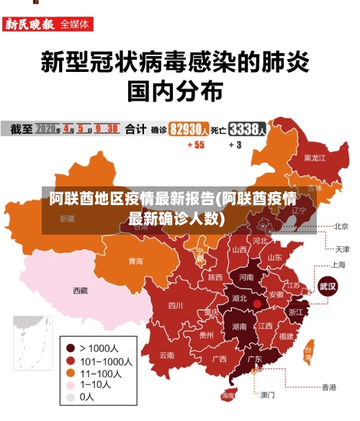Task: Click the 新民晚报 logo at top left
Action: [x=30, y=24]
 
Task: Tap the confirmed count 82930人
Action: [x=189, y=130]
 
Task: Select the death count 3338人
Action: [x=248, y=130]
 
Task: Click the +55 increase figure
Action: [x=196, y=145]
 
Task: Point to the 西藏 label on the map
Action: [x=80, y=291]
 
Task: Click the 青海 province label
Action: [x=135, y=261]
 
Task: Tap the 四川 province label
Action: [x=176, y=305]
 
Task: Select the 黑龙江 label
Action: [x=315, y=157]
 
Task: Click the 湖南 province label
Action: [x=239, y=326]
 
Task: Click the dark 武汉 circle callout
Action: [x=328, y=286]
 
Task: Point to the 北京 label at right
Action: [x=341, y=226]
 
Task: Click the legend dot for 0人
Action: [x=70, y=397]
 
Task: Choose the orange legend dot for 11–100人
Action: [x=70, y=373]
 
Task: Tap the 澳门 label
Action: [x=267, y=394]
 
